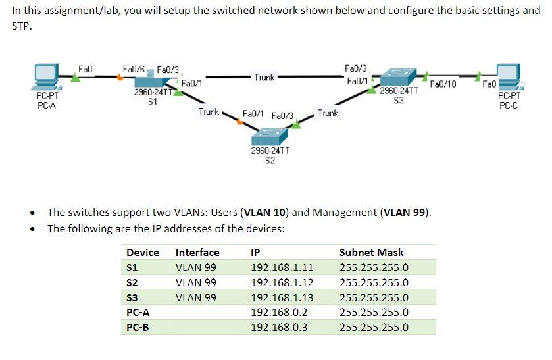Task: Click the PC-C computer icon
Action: (x=509, y=78)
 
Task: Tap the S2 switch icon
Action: (x=270, y=136)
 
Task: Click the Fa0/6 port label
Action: (x=134, y=68)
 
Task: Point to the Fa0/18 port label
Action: (x=443, y=84)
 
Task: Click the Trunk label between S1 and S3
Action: (x=264, y=78)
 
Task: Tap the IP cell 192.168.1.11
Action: (x=282, y=268)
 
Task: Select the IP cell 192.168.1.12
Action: (x=282, y=283)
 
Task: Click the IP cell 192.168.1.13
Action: (x=282, y=298)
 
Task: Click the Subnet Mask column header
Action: (x=372, y=253)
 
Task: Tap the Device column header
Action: (x=143, y=253)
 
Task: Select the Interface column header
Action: (x=198, y=253)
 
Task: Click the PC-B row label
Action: (x=138, y=328)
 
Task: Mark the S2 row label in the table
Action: (x=132, y=283)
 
